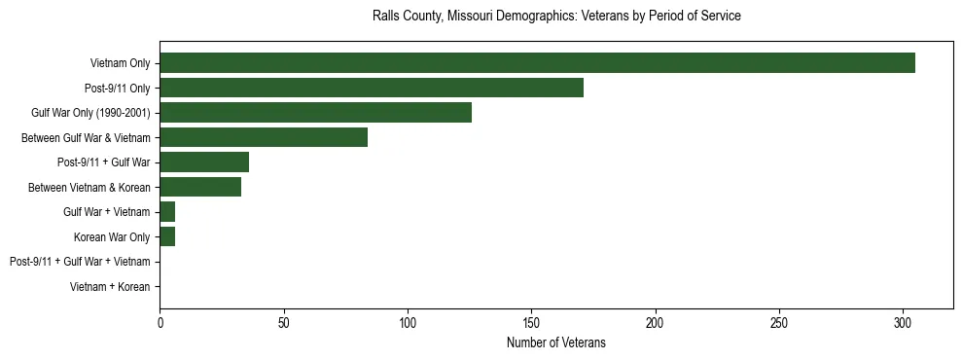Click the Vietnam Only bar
click(x=537, y=63)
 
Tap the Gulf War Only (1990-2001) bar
click(x=315, y=113)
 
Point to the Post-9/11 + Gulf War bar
click(x=204, y=162)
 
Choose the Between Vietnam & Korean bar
click(x=200, y=188)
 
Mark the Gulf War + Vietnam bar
click(x=167, y=212)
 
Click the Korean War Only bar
click(x=167, y=237)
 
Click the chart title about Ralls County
click(x=556, y=17)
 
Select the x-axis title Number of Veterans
click(x=556, y=342)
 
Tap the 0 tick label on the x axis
click(x=160, y=322)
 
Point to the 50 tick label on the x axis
click(x=283, y=322)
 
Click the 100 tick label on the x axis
click(x=408, y=322)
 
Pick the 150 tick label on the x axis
click(x=531, y=322)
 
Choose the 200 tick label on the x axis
click(x=656, y=322)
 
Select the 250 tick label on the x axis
click(x=779, y=322)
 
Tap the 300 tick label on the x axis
click(x=903, y=322)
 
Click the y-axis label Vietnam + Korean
click(x=110, y=287)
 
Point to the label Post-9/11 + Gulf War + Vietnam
click(x=80, y=262)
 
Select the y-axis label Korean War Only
click(x=112, y=237)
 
